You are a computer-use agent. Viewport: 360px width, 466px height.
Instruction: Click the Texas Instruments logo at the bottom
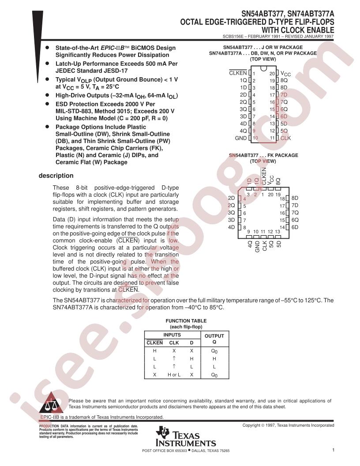point(186,436)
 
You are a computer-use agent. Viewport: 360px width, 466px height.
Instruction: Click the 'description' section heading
point(56,176)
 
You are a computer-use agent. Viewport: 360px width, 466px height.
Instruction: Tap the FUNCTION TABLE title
point(186,321)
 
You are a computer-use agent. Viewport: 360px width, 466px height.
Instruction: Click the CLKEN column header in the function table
point(154,343)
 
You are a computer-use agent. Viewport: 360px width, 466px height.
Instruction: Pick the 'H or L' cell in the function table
point(174,375)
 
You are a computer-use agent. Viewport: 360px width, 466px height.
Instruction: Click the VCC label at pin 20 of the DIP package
point(285,74)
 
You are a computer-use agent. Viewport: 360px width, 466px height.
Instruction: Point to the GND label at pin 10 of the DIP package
point(240,138)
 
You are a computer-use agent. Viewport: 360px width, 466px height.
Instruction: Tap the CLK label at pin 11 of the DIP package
point(285,138)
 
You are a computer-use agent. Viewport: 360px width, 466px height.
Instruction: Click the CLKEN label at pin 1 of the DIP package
point(238,73)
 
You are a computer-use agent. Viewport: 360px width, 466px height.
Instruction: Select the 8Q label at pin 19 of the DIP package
point(284,80)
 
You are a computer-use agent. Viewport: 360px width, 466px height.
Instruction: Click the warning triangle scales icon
point(51,402)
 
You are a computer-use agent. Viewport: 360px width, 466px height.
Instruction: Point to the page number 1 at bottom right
point(333,450)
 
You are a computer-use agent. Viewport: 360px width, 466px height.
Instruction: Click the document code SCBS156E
point(233,37)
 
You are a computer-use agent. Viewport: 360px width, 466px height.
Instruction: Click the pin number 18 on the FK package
point(282,199)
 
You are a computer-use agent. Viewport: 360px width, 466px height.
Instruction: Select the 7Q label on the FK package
point(295,213)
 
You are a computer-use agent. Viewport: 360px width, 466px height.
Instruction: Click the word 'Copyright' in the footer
point(251,425)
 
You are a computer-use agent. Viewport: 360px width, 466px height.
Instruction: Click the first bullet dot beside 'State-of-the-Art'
point(47,47)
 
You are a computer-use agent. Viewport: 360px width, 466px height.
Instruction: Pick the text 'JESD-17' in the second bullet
point(115,71)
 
